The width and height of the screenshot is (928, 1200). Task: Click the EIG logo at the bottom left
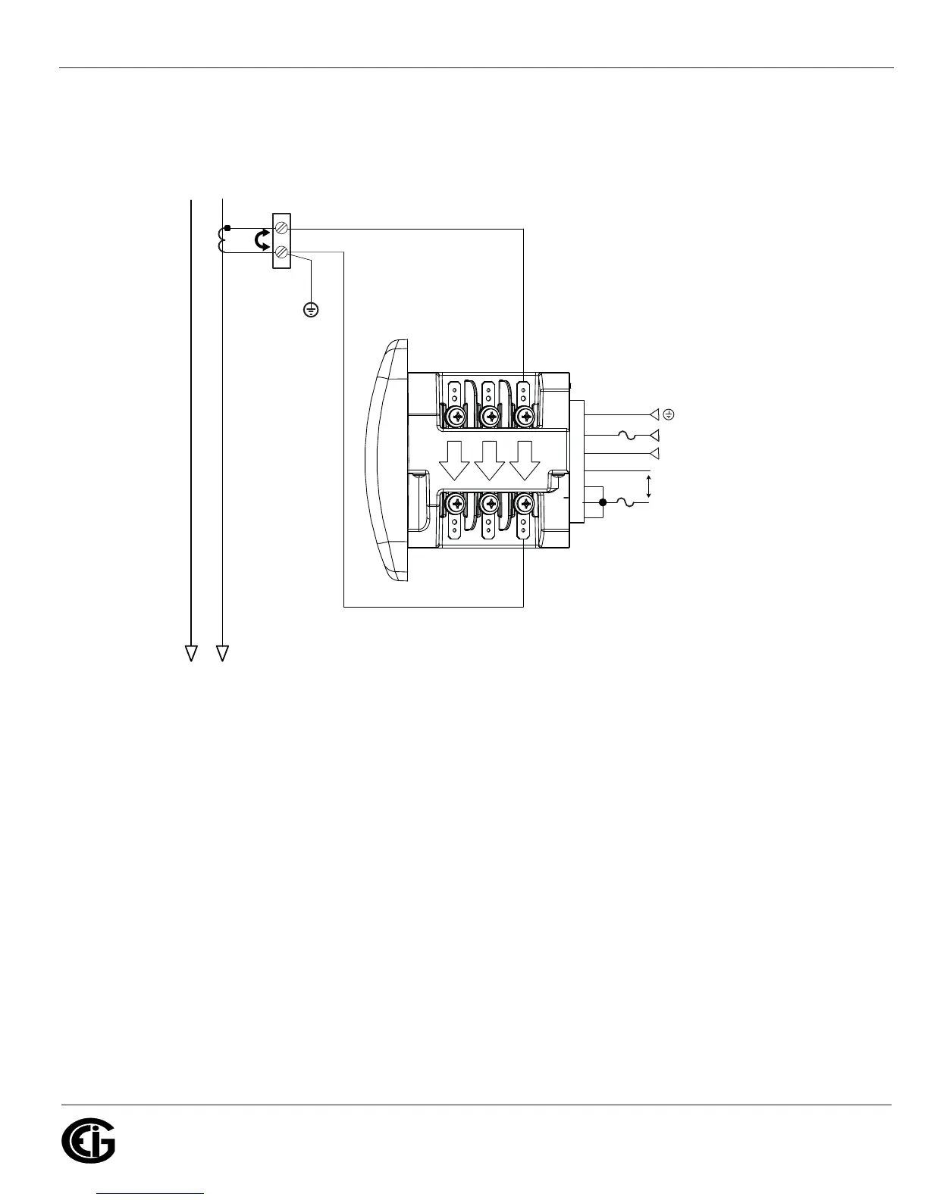coord(88,1141)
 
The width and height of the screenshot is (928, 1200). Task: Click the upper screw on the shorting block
coord(281,227)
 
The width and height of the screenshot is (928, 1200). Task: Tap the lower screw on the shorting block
coord(281,253)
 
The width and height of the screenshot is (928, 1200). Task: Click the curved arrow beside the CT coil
coord(261,241)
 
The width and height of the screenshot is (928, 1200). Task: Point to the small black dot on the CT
coord(227,227)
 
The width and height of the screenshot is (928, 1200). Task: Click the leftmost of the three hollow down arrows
coord(455,459)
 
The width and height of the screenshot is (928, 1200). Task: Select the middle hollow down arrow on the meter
coord(490,459)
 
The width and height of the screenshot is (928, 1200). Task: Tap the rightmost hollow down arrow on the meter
coord(524,459)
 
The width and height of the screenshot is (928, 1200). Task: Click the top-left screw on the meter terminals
coord(456,416)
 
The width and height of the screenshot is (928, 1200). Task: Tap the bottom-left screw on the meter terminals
coord(456,502)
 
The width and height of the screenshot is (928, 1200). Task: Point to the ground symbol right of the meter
coord(669,414)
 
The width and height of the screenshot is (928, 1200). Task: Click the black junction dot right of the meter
coord(603,502)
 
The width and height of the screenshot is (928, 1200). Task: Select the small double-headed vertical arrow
coord(648,486)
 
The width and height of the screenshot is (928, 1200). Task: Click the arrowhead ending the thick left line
coord(191,652)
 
